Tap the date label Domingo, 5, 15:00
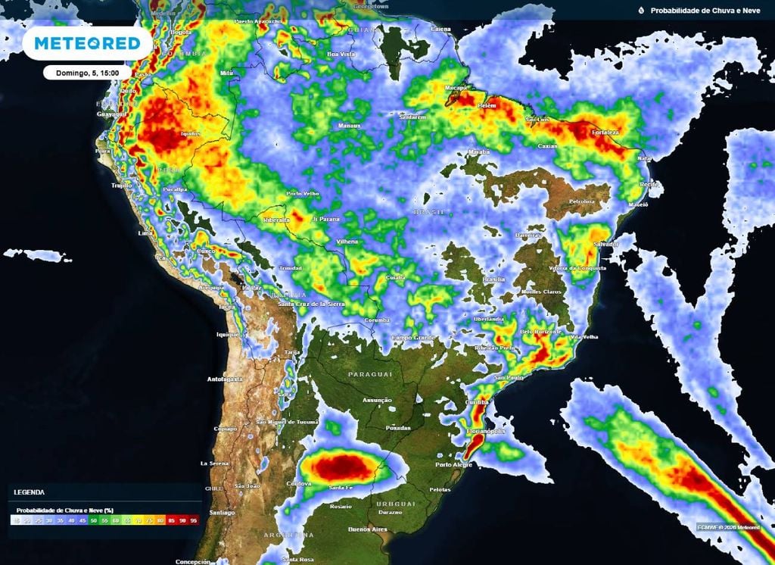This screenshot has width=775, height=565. click(x=86, y=73)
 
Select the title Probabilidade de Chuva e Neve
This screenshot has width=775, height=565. click(x=704, y=11)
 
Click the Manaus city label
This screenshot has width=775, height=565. click(x=349, y=125)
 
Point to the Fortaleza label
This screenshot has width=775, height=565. click(x=603, y=132)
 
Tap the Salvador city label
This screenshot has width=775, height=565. click(x=606, y=244)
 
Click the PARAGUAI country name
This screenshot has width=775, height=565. click(x=370, y=375)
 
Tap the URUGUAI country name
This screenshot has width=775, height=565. click(x=395, y=504)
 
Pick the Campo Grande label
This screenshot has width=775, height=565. click(x=412, y=336)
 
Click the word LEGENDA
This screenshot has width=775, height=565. click(x=29, y=492)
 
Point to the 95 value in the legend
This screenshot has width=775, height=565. click(x=193, y=522)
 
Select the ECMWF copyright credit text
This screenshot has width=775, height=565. click(x=729, y=526)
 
